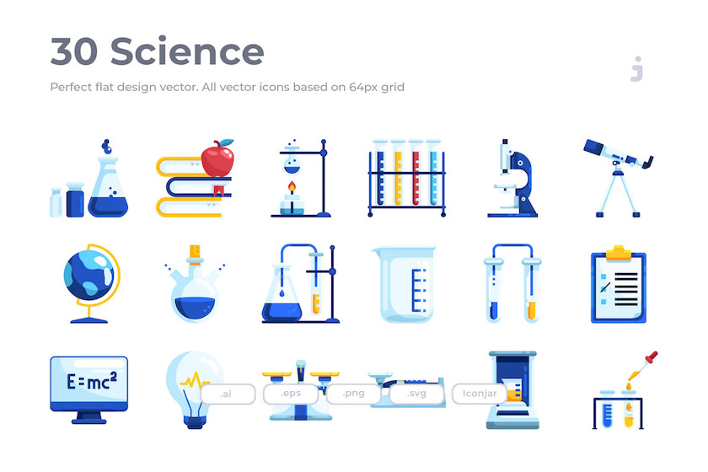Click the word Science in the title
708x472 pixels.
click(x=187, y=51)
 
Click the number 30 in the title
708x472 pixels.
click(x=73, y=52)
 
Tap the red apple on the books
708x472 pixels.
click(x=217, y=158)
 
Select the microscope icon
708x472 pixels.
click(x=512, y=179)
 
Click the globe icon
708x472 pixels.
click(x=92, y=283)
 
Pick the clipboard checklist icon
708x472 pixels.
click(x=619, y=284)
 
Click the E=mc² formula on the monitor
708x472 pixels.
click(x=92, y=381)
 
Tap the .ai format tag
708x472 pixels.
click(x=228, y=394)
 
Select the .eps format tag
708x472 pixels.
click(x=291, y=394)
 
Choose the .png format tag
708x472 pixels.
click(x=353, y=394)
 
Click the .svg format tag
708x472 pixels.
click(x=416, y=394)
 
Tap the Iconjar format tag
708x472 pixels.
click(x=480, y=394)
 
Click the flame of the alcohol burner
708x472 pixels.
click(x=292, y=186)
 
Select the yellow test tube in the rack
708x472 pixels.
click(x=398, y=173)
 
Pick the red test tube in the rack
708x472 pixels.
click(x=416, y=173)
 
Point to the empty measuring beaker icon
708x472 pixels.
click(x=405, y=284)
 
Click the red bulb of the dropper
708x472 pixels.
click(x=652, y=357)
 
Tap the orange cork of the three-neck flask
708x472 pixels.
click(x=195, y=252)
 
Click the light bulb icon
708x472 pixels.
click(x=194, y=389)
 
